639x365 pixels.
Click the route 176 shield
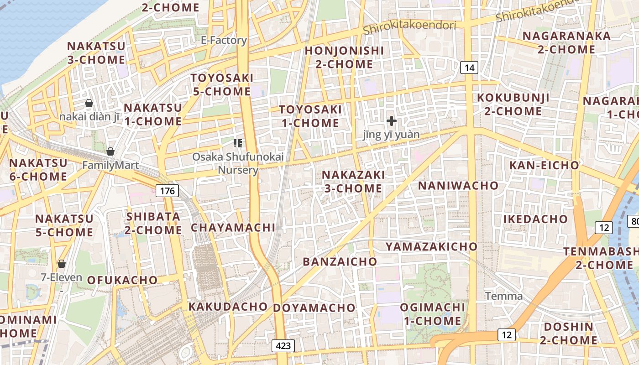168,191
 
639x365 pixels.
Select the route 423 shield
283,346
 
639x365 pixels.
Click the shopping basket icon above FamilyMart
110,151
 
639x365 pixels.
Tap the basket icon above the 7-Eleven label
62,264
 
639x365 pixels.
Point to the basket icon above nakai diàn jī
89,103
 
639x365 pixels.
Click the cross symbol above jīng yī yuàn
391,121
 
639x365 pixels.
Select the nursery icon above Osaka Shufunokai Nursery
237,143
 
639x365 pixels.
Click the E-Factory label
224,40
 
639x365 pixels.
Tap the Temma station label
503,296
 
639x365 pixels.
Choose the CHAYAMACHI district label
233,228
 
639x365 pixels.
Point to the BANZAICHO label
340,262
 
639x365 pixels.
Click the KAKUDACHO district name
228,307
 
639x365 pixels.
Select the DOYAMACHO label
314,308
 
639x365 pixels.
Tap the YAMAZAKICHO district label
431,247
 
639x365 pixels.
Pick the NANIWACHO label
458,186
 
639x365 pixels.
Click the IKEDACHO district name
535,219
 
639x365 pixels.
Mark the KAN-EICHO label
544,165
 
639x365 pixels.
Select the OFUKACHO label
122,280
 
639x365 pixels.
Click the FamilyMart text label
110,165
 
